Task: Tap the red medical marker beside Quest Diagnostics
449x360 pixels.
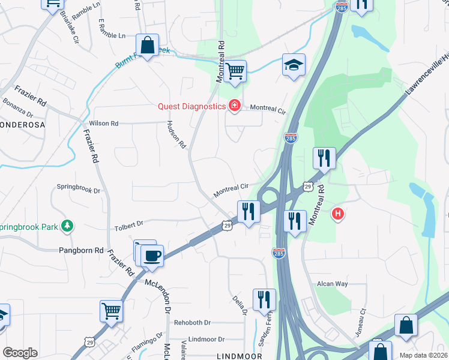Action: point(234,107)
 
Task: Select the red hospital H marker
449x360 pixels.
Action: point(339,213)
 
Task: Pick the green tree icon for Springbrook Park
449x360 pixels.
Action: point(68,226)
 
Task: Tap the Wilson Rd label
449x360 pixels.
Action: point(104,123)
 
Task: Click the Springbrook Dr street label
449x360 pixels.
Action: point(79,188)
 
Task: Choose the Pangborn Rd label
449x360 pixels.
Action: point(82,250)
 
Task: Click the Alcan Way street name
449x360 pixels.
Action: point(333,284)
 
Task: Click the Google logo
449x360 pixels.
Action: point(20,353)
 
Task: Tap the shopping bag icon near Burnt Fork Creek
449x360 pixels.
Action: point(147,46)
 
